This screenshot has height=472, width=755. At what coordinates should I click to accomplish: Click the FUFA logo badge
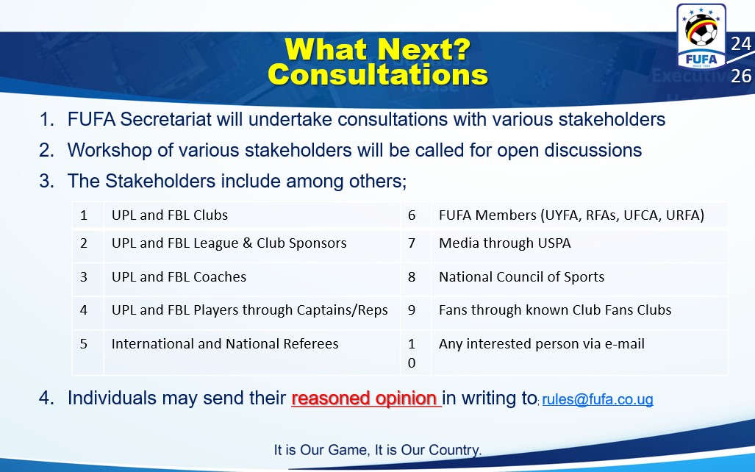pos(701,37)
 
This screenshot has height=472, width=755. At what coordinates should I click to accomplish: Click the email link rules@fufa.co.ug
pos(598,399)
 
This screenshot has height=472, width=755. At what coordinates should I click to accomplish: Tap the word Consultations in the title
pos(378,75)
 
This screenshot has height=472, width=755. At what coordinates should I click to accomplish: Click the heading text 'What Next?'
pos(378,49)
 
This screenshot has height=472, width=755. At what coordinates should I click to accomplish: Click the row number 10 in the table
pos(411,353)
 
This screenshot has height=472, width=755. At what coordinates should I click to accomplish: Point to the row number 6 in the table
pos(412,215)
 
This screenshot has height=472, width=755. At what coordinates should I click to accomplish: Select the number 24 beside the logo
pos(741,44)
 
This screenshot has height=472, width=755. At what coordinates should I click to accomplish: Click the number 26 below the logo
pos(741,76)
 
